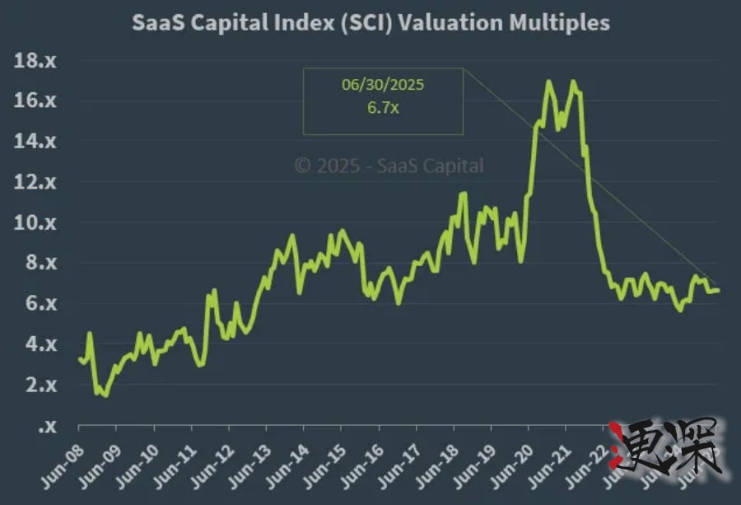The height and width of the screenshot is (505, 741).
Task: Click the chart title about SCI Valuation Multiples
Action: (x=371, y=22)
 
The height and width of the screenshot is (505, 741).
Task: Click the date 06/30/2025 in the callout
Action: (x=383, y=85)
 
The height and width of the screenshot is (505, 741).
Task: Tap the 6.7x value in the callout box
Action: (x=383, y=109)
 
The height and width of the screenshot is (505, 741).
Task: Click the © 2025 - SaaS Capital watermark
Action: (x=389, y=166)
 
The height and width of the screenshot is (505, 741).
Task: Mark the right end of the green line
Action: (x=718, y=290)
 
